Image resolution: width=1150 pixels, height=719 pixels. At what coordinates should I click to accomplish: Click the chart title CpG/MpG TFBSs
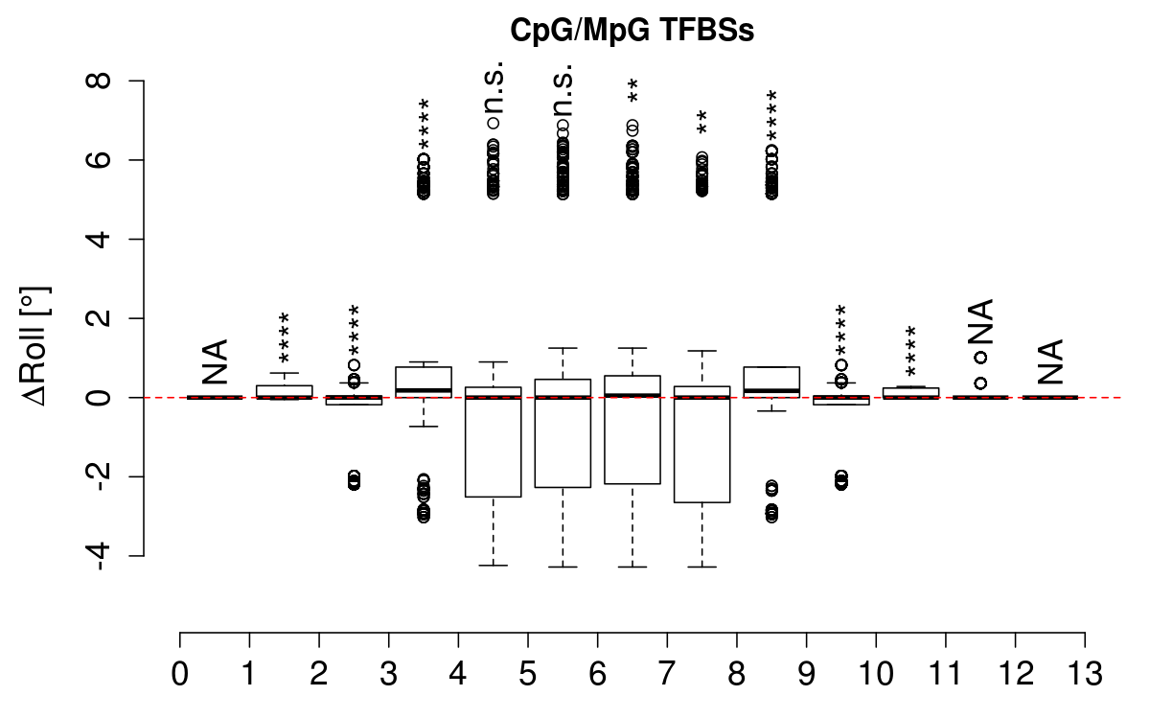(632, 31)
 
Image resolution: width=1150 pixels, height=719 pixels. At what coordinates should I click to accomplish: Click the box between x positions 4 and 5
(493, 441)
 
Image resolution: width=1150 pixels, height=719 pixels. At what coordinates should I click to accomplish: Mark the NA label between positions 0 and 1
(215, 361)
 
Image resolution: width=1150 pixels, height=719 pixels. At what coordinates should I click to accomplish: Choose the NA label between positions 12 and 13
(1050, 361)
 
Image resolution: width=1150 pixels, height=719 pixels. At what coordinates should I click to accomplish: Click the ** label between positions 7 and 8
(702, 123)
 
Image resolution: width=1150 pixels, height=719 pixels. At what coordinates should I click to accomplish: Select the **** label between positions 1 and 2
(284, 337)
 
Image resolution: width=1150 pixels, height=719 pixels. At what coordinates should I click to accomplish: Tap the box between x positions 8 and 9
(771, 382)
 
